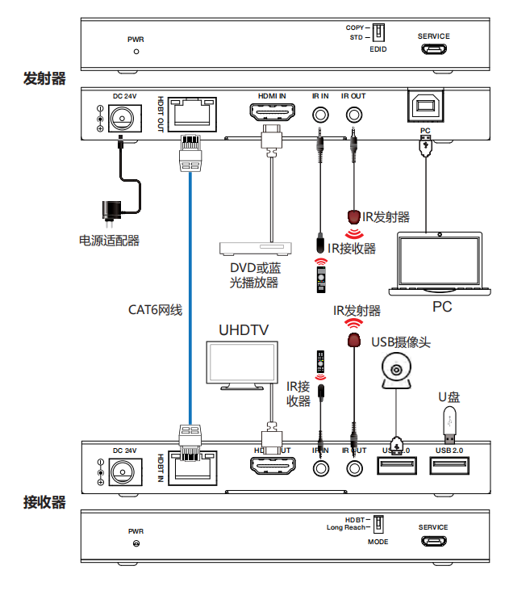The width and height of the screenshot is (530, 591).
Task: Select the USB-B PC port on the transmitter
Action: pos(425,109)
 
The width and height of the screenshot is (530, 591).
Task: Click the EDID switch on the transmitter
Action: pos(377,32)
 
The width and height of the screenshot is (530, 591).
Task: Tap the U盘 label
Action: pos(449,396)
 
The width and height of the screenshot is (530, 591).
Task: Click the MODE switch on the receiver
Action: pos(377,523)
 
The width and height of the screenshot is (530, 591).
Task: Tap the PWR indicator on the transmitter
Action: pos(136,51)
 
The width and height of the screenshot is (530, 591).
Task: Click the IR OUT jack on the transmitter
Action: pos(353,112)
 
